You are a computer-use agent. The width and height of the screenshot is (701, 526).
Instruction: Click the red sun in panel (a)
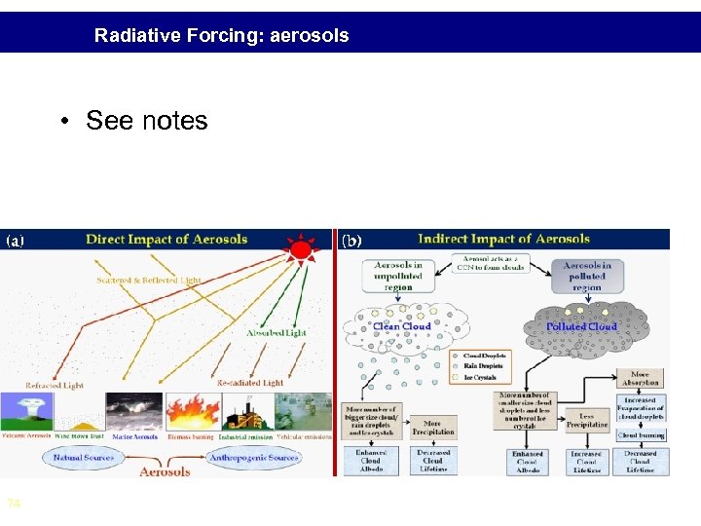302,251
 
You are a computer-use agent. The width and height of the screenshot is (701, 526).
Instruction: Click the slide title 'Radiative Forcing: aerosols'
221,36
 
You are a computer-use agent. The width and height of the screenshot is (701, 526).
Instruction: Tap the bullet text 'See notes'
146,121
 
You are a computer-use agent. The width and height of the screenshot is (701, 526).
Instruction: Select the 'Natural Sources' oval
83,456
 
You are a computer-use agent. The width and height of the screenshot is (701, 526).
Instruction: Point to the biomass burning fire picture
191,411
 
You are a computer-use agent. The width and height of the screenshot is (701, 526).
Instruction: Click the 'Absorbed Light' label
276,332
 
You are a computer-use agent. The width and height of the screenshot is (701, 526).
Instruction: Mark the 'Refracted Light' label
54,385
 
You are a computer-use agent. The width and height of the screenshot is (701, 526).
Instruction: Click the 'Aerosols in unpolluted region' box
397,276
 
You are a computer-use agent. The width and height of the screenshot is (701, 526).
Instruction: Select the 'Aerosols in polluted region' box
586,276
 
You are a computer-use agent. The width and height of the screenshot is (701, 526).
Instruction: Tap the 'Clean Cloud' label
402,326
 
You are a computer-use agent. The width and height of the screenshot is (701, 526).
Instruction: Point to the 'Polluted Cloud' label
581,326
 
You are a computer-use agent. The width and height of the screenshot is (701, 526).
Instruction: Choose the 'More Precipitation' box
433,428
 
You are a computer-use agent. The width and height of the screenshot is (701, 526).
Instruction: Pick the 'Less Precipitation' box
586,419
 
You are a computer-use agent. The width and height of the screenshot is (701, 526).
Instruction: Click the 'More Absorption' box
640,378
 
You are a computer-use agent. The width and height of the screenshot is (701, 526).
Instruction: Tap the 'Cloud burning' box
641,435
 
